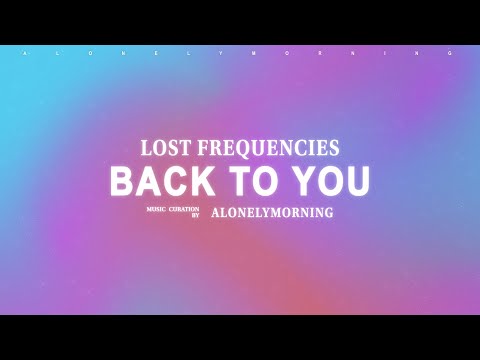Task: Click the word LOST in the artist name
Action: [x=163, y=148]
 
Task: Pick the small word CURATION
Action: [x=184, y=209]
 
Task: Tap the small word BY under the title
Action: [x=196, y=215]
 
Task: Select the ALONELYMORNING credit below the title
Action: [x=272, y=212]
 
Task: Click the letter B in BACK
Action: [x=122, y=181]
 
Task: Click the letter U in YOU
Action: [x=356, y=181]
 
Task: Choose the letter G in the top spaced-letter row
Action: [x=459, y=53]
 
